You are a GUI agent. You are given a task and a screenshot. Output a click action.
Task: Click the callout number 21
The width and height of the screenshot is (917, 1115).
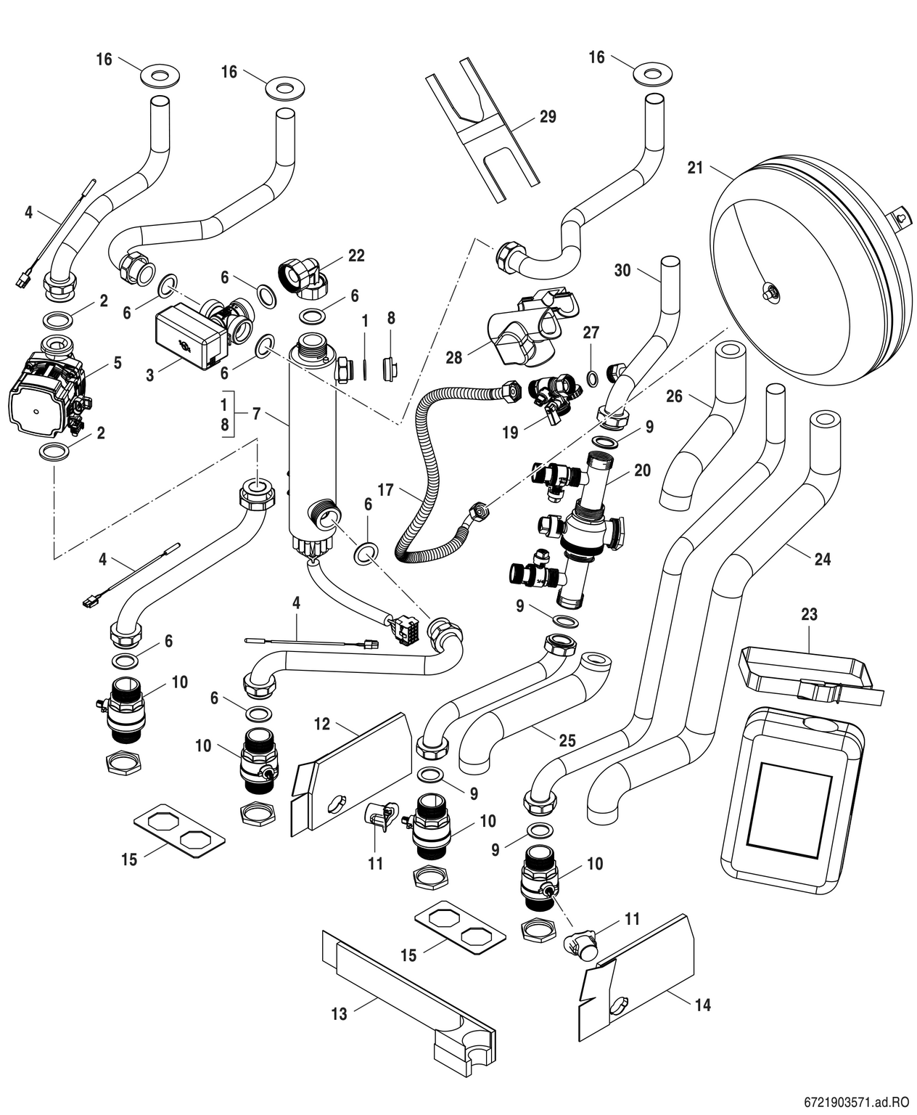click(x=695, y=168)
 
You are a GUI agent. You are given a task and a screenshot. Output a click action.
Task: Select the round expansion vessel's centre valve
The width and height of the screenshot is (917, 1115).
click(x=770, y=293)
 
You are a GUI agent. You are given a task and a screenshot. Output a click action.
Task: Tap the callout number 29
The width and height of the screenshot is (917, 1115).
click(x=548, y=116)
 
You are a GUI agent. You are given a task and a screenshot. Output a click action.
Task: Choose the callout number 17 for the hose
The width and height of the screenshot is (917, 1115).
click(x=385, y=491)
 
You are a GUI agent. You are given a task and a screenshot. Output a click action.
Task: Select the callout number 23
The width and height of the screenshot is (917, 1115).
click(x=809, y=614)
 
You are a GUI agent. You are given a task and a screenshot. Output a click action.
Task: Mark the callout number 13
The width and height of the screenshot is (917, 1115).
click(x=340, y=1013)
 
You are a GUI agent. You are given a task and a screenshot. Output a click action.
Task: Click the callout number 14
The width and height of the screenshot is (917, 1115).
click(x=702, y=1005)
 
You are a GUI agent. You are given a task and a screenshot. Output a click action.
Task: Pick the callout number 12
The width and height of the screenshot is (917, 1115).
click(x=322, y=724)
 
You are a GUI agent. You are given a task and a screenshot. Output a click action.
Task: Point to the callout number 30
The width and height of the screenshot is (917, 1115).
click(x=622, y=270)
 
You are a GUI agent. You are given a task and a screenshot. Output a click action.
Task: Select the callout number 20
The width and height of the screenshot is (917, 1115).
click(x=642, y=470)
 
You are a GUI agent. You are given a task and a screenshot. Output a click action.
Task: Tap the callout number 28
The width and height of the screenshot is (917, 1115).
click(x=454, y=358)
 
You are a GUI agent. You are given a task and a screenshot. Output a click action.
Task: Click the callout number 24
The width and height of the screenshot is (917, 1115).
click(x=822, y=559)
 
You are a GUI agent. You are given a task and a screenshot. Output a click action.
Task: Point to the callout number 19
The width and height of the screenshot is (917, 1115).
click(x=510, y=433)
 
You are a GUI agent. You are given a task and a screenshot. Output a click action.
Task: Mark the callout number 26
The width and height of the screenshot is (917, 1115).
click(x=674, y=396)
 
